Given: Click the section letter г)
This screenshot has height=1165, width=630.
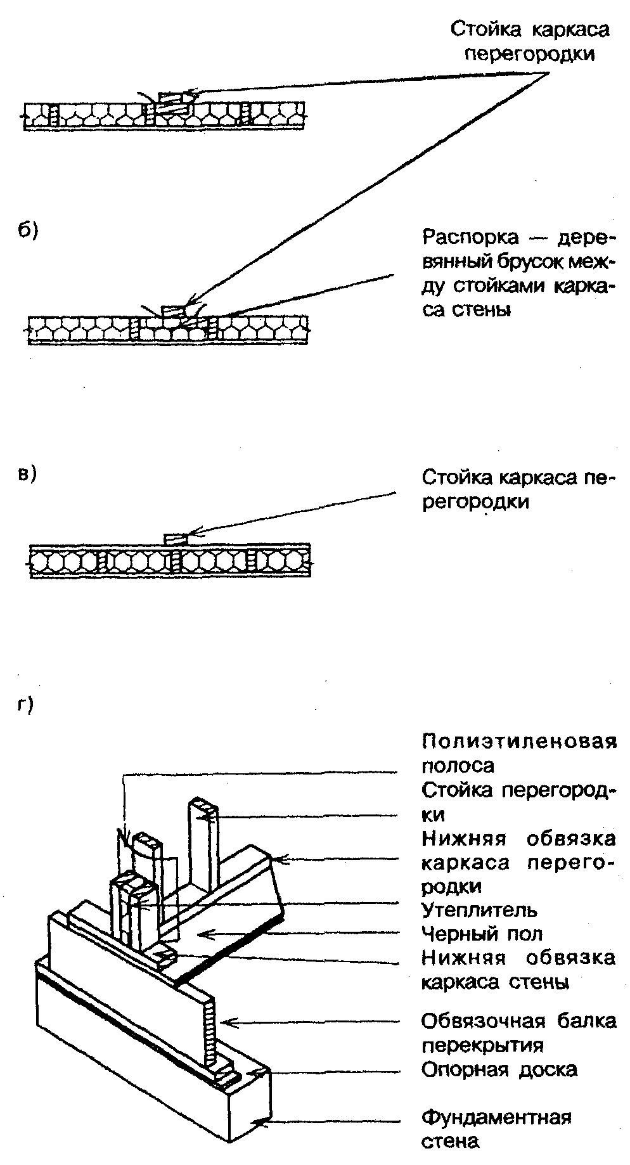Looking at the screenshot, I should [27, 704].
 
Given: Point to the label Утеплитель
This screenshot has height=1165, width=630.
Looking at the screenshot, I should [479, 910].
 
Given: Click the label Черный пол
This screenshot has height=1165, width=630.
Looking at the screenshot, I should [482, 934].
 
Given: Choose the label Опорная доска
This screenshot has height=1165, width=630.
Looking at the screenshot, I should [499, 1070].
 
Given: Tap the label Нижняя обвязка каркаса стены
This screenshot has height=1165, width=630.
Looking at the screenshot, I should [518, 970].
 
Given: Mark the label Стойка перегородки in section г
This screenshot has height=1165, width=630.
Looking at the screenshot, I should [518, 802].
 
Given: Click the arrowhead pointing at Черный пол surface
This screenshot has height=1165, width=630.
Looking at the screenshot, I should [202, 934].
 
